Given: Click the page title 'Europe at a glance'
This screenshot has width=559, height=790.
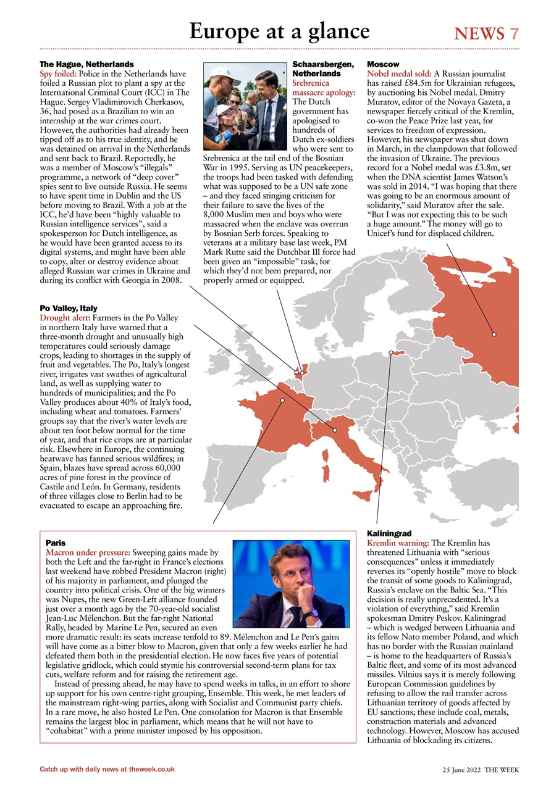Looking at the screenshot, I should (x=279, y=31).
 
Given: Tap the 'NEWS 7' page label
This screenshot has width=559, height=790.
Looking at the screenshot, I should (x=486, y=33).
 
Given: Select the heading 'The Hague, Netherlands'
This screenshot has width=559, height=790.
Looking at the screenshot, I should (x=86, y=64).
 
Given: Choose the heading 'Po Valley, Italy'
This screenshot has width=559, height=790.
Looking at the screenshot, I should (x=69, y=308).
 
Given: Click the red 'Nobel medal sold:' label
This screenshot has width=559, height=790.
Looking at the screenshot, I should (x=399, y=73).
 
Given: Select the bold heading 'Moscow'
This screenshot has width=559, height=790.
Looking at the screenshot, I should (x=383, y=64).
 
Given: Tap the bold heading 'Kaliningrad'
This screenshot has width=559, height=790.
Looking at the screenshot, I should (x=389, y=533).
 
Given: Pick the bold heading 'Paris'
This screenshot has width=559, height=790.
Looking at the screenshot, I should (x=56, y=543).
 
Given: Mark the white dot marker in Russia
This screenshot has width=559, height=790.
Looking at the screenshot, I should (x=494, y=335).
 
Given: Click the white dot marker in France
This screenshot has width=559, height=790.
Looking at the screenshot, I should (x=282, y=401).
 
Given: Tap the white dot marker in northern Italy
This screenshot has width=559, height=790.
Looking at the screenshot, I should (x=335, y=430).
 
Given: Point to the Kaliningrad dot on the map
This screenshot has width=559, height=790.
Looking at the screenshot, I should (x=391, y=353).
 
